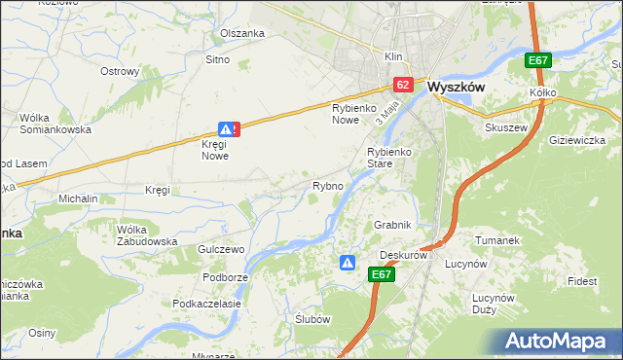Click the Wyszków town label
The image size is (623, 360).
click(457, 86)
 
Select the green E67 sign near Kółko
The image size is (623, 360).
click(538, 60)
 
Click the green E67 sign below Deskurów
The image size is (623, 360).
click(383, 275)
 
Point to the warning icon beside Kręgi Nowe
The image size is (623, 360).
click(226, 128)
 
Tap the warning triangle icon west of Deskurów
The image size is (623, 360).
click(348, 262)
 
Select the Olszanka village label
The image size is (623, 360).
click(242, 33)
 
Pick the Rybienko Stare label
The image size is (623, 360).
click(393, 158)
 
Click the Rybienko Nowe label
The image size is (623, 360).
click(352, 113)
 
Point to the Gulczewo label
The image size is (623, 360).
click(221, 250)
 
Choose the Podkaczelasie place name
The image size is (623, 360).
click(206, 304)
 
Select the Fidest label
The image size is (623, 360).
click(583, 281)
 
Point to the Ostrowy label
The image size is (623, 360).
click(121, 71)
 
